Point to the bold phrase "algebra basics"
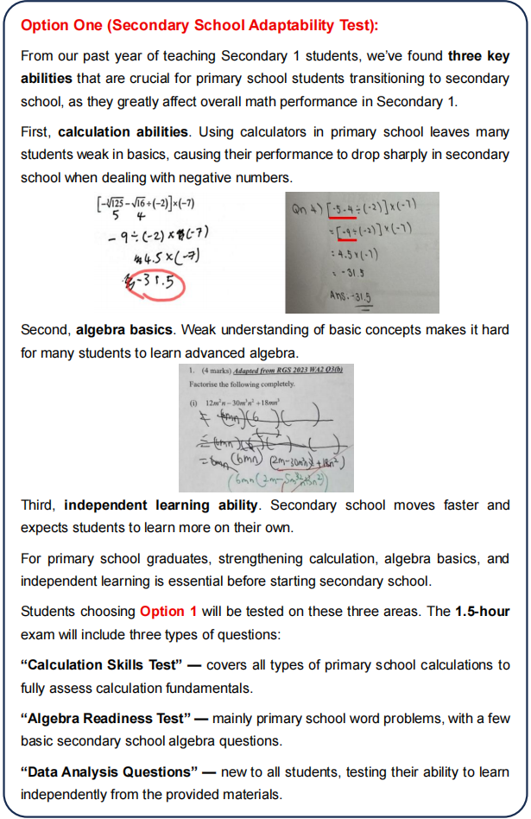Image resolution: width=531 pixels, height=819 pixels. (x=121, y=329)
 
